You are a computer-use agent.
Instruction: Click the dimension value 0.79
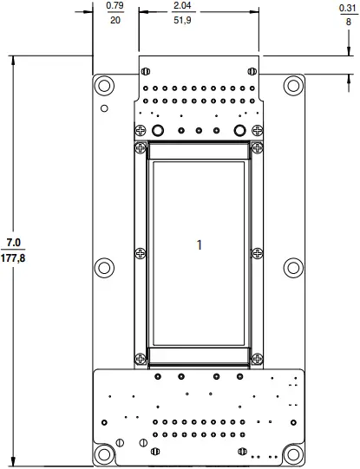tap(114, 6)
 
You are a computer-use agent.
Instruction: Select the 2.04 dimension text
tap(183, 6)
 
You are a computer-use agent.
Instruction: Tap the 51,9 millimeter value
tap(183, 20)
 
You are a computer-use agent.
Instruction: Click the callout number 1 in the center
tap(200, 245)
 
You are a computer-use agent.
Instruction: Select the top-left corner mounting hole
tap(105, 86)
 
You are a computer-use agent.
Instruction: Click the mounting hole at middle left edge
tap(105, 267)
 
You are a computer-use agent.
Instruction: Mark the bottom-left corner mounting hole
tap(105, 454)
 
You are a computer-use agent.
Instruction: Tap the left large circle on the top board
tap(158, 130)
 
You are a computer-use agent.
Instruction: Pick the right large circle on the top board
tap(240, 130)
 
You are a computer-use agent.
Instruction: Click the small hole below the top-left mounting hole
tap(104, 108)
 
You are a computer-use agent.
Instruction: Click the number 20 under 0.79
tap(114, 20)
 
